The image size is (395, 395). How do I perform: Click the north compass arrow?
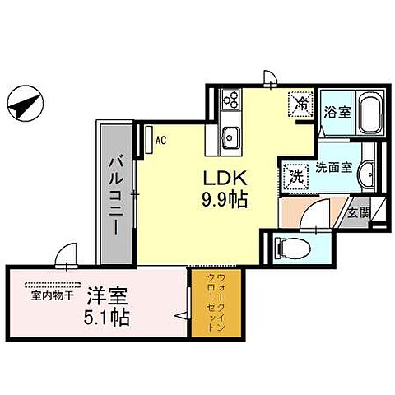(24, 105)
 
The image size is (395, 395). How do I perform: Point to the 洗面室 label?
(336, 167)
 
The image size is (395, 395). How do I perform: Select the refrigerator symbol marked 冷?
(300, 105)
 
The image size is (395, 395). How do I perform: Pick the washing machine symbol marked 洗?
(296, 174)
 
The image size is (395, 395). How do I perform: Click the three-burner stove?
(230, 100)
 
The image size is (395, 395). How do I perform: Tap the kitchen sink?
(229, 136)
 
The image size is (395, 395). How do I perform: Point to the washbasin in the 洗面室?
(369, 173)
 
